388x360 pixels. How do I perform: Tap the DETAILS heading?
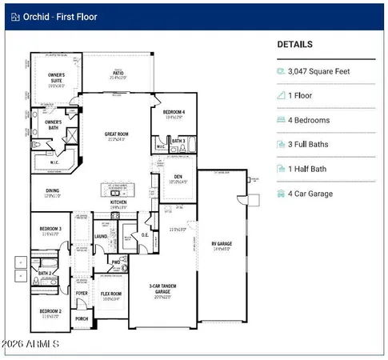(x=294, y=45)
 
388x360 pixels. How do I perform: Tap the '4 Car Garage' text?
(x=315, y=194)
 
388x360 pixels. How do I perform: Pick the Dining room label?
(x=52, y=190)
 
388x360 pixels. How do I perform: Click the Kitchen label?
(x=118, y=202)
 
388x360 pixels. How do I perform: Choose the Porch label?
(x=82, y=318)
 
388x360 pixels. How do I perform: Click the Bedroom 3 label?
(x=50, y=230)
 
